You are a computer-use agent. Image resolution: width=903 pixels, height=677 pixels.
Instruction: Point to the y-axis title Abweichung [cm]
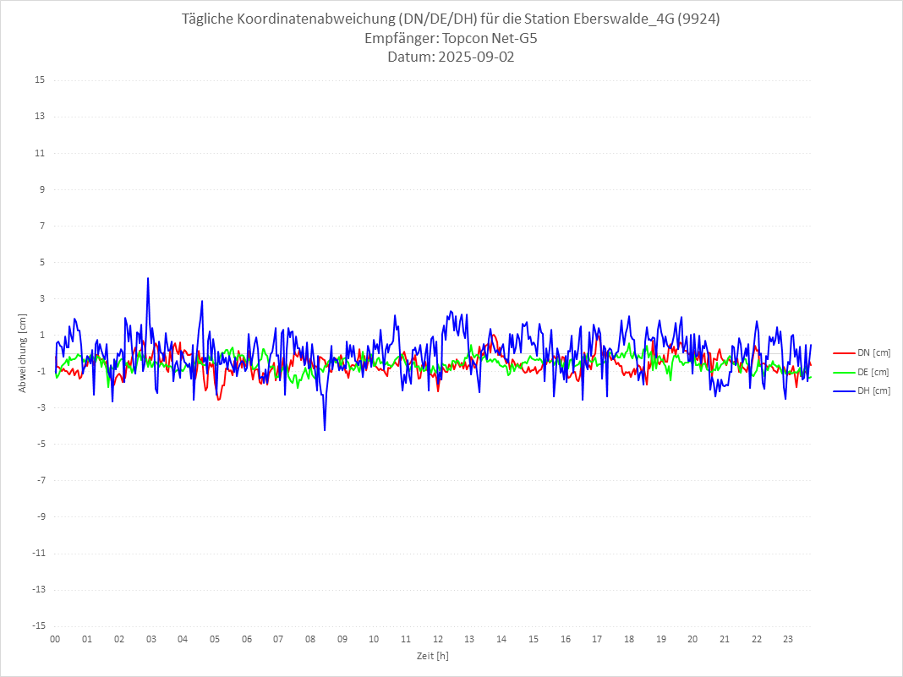point(23,353)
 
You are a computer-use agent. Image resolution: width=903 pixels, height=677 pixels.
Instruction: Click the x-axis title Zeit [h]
point(432,655)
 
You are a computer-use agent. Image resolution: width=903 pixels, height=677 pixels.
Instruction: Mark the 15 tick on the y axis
point(39,80)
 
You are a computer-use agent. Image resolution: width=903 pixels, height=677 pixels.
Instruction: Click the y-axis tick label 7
point(41,226)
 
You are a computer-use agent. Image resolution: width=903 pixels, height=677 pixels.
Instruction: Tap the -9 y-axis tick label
point(39,516)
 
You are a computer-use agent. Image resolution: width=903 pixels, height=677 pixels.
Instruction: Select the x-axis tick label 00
point(55,639)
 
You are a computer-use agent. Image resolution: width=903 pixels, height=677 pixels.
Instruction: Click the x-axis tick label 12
point(438,639)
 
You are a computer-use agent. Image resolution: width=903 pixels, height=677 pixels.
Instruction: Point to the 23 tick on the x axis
point(788,639)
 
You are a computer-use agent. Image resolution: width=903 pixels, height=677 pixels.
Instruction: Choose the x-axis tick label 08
point(310,639)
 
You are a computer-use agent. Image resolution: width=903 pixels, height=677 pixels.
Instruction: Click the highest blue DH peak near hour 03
point(148,278)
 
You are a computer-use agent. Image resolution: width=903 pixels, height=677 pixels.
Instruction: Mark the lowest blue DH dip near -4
point(325,430)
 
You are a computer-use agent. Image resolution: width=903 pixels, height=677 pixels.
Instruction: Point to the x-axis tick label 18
point(629,639)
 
